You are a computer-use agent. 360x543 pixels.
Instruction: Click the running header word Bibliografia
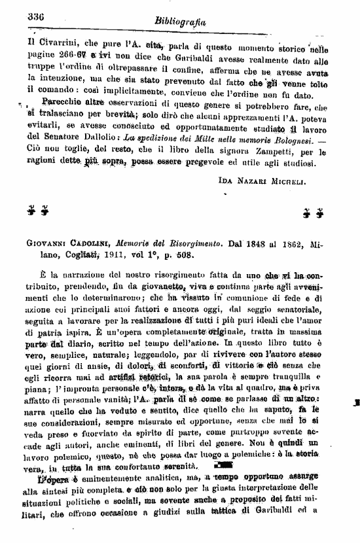coord(181,22)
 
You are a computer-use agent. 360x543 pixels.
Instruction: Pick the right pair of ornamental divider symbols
coord(313,211)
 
